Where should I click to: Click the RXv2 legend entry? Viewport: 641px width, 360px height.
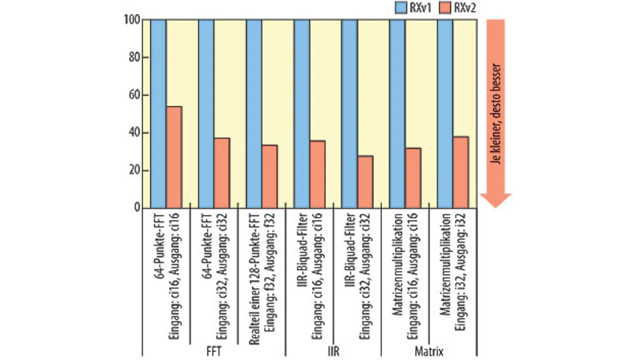pos(464,8)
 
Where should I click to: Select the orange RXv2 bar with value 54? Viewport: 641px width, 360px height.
pos(174,157)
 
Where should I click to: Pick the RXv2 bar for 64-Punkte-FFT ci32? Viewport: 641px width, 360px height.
pos(222,173)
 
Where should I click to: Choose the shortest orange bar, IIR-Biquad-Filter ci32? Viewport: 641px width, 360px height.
pos(365,182)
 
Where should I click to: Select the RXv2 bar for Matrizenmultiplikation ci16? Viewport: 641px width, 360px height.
pos(413,178)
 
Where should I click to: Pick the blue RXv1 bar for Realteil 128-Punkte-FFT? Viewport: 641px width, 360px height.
pos(254,114)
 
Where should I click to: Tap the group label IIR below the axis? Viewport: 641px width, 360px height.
pos(333,352)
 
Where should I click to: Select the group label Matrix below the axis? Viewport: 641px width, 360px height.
pos(429,352)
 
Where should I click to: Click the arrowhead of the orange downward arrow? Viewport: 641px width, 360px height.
pos(495,200)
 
